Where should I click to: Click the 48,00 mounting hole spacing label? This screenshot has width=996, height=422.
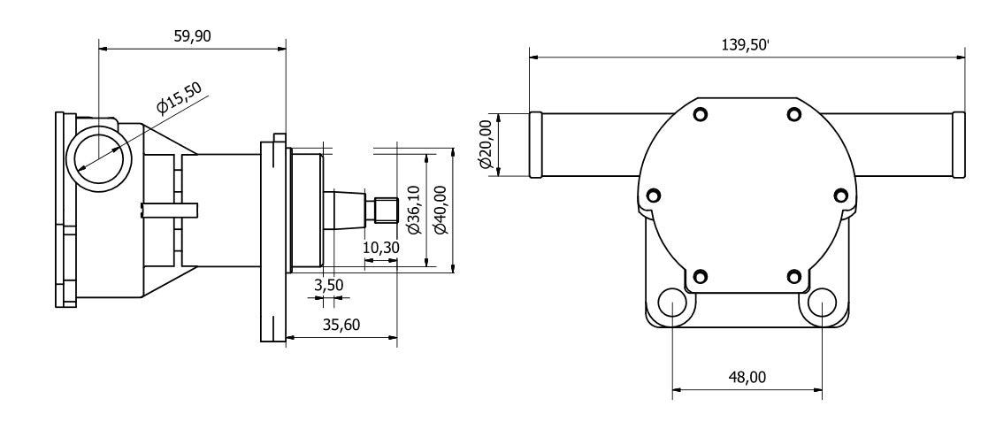pyautogui.click(x=747, y=378)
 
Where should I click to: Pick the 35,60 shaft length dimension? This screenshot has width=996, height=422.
pyautogui.click(x=341, y=325)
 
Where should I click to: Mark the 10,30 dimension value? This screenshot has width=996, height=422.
pyautogui.click(x=381, y=249)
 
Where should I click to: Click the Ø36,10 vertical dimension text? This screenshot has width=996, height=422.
pyautogui.click(x=413, y=210)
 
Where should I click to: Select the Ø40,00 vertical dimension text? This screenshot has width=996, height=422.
pyautogui.click(x=440, y=210)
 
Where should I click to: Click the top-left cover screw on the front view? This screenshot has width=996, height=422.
pyautogui.click(x=701, y=114)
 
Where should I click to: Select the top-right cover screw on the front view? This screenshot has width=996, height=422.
pyautogui.click(x=794, y=114)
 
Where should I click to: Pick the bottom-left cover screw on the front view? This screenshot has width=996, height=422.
pyautogui.click(x=701, y=274)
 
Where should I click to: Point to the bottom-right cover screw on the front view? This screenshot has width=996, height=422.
pyautogui.click(x=794, y=274)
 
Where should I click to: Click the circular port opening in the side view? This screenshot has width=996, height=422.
pyautogui.click(x=100, y=154)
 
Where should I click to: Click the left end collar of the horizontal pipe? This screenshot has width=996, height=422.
pyautogui.click(x=535, y=144)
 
